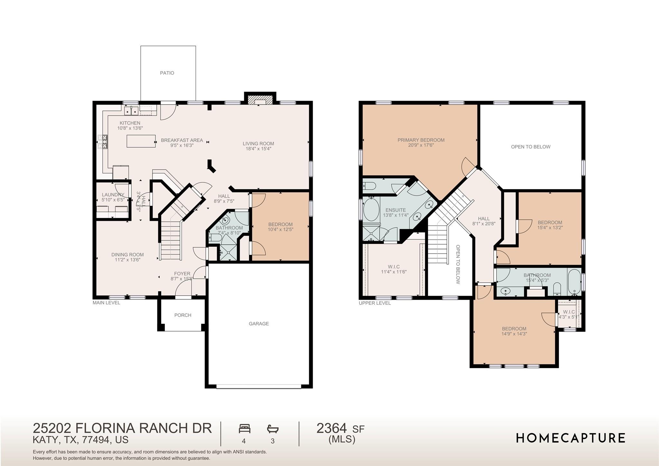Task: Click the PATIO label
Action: click(x=167, y=73)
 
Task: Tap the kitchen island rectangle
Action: click(x=141, y=141)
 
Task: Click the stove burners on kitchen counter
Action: click(x=103, y=142)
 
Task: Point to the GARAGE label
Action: click(x=259, y=324)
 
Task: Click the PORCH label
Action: click(x=183, y=315)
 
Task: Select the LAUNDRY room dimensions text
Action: click(x=113, y=200)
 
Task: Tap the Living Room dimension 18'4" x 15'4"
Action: click(x=258, y=149)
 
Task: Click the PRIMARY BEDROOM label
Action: click(x=421, y=140)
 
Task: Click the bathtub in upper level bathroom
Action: click(x=574, y=283)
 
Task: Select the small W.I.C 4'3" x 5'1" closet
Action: click(x=569, y=314)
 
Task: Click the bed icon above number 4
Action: click(x=245, y=429)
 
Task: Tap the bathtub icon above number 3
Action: click(x=273, y=429)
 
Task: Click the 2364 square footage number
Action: click(x=332, y=428)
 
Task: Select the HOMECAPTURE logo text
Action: click(x=571, y=438)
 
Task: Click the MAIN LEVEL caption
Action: click(x=106, y=303)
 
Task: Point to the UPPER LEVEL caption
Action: click(x=375, y=303)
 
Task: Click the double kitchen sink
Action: click(x=131, y=111)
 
